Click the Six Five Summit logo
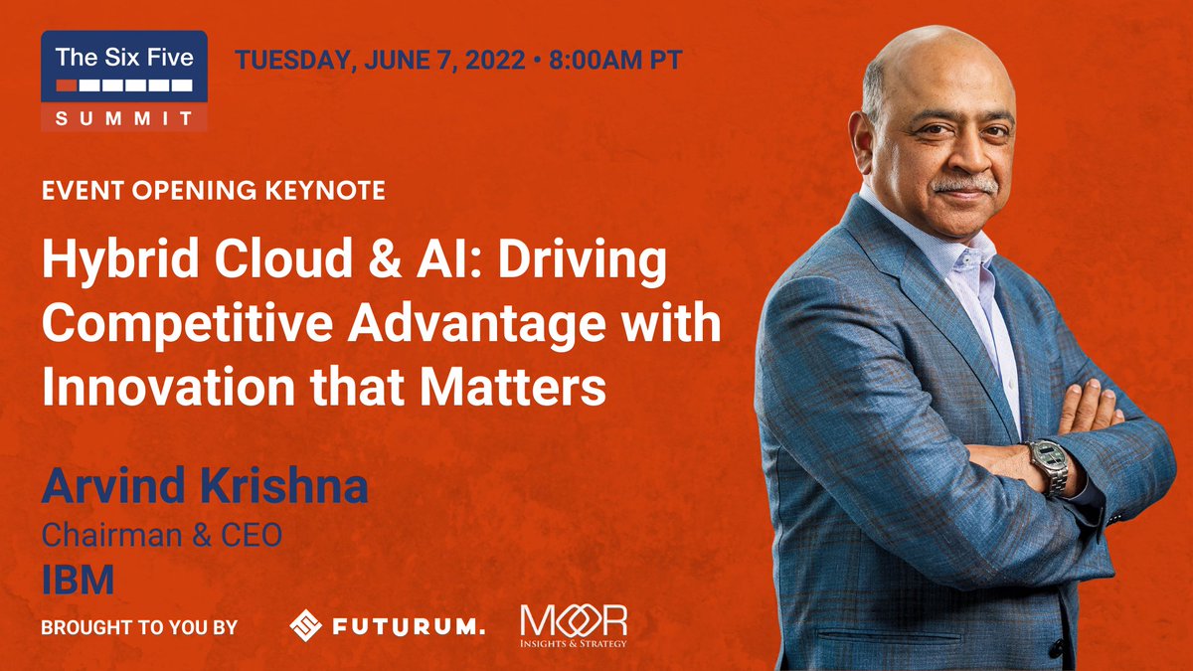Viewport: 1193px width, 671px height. [124, 81]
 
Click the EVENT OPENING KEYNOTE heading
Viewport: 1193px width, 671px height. [214, 190]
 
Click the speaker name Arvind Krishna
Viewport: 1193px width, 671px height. [204, 488]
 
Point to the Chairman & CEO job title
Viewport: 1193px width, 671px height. [161, 536]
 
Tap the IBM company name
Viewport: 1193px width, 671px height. [78, 579]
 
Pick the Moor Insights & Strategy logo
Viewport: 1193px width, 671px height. [575, 626]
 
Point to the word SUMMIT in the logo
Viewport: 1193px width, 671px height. [124, 117]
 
